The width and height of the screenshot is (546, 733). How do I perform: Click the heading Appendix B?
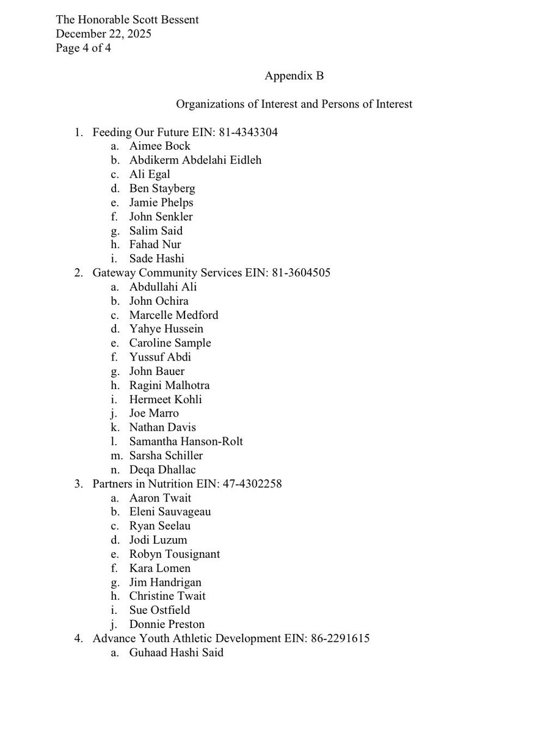pyautogui.click(x=294, y=76)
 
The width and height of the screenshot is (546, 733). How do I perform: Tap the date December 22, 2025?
pyautogui.click(x=103, y=34)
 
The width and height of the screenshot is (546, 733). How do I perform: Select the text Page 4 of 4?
pyautogui.click(x=84, y=48)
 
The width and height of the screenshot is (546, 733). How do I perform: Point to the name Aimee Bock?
pyautogui.click(x=159, y=146)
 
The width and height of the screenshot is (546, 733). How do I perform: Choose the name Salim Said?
pyautogui.click(x=156, y=230)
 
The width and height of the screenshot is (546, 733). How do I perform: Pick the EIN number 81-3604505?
pyautogui.click(x=301, y=272)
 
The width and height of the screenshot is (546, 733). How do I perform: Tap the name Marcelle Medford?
pyautogui.click(x=173, y=315)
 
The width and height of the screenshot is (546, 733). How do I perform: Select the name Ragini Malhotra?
pyautogui.click(x=169, y=385)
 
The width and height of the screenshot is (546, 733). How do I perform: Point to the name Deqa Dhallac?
pyautogui.click(x=162, y=470)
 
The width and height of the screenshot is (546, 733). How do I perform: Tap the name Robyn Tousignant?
pyautogui.click(x=174, y=554)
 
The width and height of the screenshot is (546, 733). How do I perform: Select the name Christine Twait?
pyautogui.click(x=167, y=596)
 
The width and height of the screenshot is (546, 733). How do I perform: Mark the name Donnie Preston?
pyautogui.click(x=167, y=624)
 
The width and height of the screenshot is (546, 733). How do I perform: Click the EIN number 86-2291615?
pyautogui.click(x=340, y=638)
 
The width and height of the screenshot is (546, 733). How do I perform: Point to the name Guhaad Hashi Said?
pyautogui.click(x=176, y=652)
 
